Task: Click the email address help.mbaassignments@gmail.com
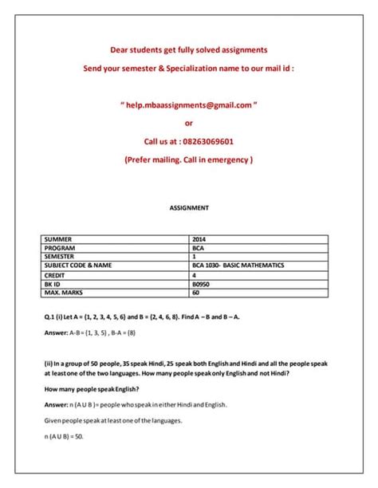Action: (x=188, y=104)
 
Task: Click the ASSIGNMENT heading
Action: (x=189, y=207)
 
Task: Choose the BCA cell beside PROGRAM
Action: (x=199, y=248)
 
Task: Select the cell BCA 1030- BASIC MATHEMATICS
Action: (x=238, y=266)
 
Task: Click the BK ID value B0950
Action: (x=202, y=283)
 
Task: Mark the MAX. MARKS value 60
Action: (x=196, y=292)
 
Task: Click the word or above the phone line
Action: (x=189, y=123)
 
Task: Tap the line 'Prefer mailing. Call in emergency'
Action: (x=189, y=159)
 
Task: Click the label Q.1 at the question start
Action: (x=49, y=317)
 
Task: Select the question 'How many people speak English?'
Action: (x=93, y=389)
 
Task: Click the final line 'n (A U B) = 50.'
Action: (x=64, y=436)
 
